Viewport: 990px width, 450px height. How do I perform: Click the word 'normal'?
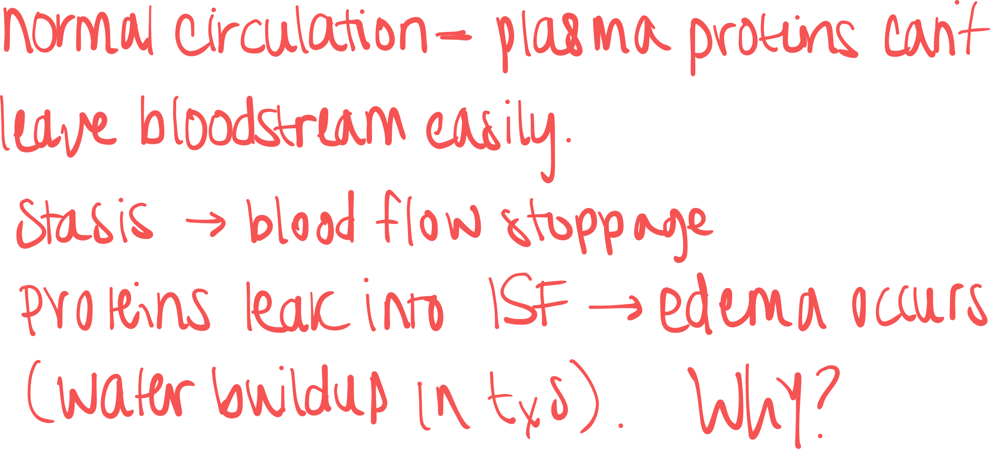(x=78, y=31)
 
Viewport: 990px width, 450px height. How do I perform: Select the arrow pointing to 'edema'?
(x=616, y=307)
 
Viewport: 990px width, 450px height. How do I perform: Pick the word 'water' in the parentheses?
(x=126, y=394)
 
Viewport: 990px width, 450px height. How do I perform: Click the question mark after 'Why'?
(x=826, y=400)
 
